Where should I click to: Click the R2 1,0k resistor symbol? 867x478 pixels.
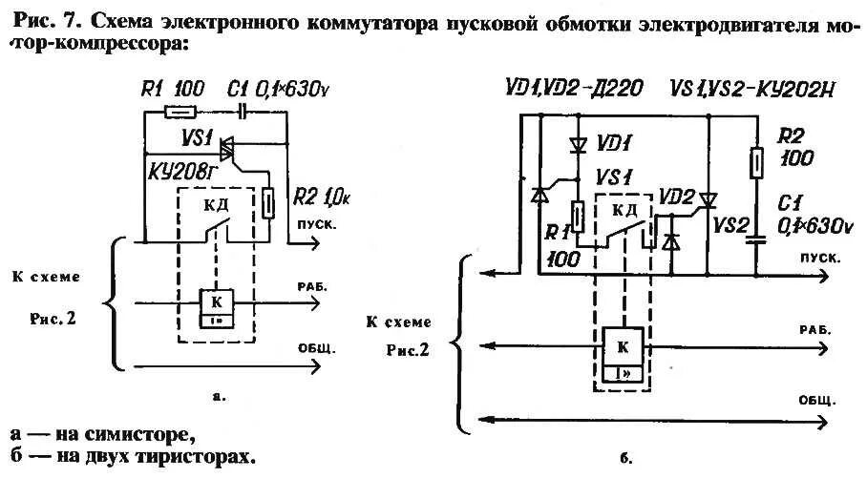point(271,202)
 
